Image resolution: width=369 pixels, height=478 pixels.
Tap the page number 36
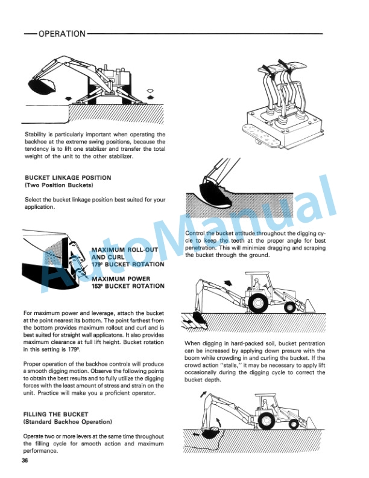[24, 462]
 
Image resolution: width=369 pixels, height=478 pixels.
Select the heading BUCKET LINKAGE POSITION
[68, 177]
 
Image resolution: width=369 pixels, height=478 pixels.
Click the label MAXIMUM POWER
[120, 279]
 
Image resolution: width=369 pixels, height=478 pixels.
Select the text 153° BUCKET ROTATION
[127, 286]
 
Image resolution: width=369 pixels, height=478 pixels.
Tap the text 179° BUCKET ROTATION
[127, 264]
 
